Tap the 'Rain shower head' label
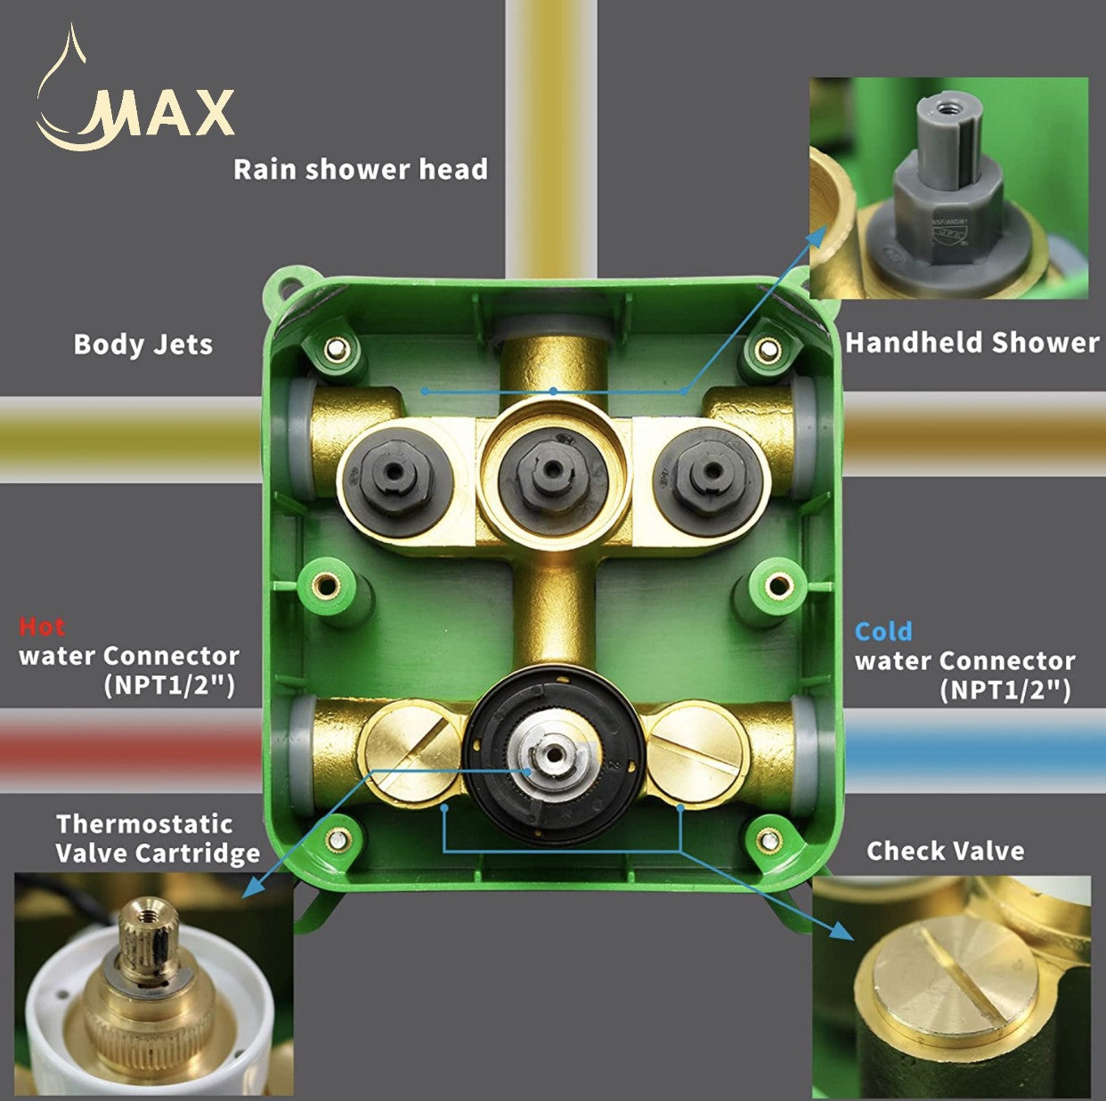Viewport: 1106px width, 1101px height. [360, 169]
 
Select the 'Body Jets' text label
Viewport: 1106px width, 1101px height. [143, 344]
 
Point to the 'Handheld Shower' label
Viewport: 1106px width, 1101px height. [972, 343]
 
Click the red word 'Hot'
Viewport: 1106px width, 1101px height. [42, 627]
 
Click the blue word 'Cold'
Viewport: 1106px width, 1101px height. [883, 631]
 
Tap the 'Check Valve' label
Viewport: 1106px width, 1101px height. [945, 851]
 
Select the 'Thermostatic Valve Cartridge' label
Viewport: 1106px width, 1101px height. [158, 838]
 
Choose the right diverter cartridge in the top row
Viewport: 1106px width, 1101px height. [710, 474]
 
